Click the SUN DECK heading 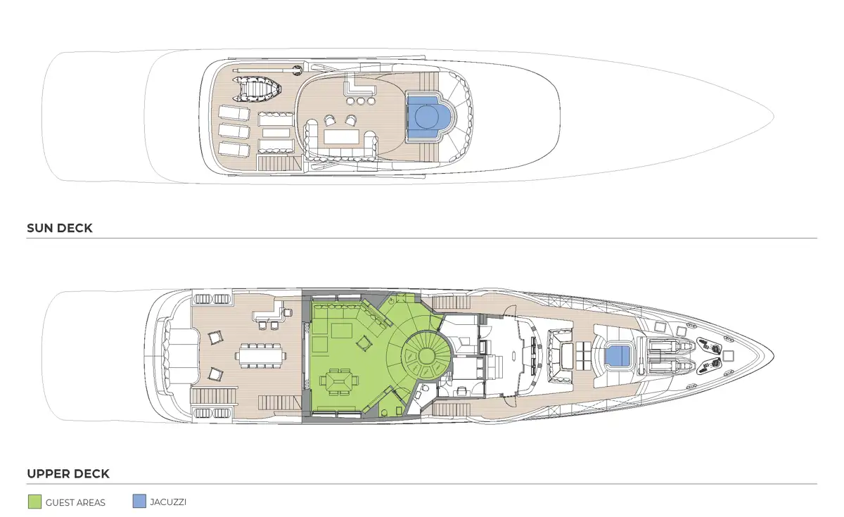[x=60, y=229]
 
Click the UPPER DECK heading [x=68, y=473]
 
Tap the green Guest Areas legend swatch [x=34, y=502]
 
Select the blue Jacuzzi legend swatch [x=139, y=501]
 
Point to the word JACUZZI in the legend [x=168, y=502]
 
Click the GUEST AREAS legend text [x=75, y=503]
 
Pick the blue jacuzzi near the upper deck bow [x=618, y=355]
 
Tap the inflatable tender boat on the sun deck [x=257, y=89]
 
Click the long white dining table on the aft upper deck [x=261, y=355]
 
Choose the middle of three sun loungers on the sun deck [x=234, y=131]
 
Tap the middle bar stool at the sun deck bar [x=361, y=101]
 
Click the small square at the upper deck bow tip [x=729, y=355]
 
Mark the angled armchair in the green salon [x=364, y=343]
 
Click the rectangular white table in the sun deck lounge [x=341, y=136]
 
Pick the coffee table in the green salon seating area [x=342, y=331]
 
